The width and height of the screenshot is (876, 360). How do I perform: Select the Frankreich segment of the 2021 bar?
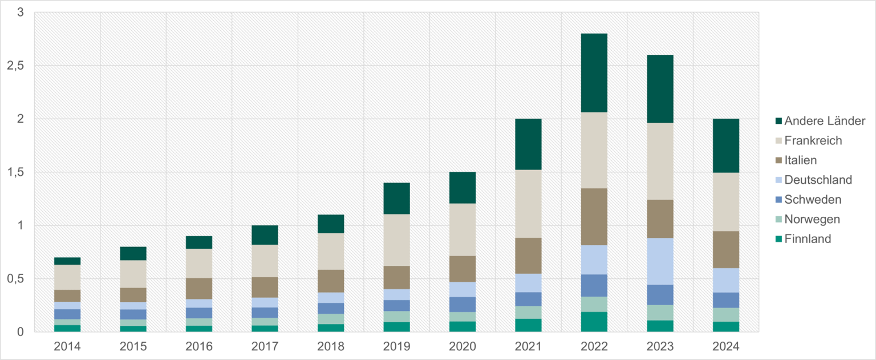[x=528, y=204]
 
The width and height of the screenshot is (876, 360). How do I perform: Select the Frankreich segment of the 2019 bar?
[x=396, y=240]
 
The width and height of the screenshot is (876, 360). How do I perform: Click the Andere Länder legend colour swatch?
[x=778, y=121]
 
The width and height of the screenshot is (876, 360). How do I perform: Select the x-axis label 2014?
[x=67, y=346]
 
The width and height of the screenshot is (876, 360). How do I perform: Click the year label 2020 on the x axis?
[x=462, y=346]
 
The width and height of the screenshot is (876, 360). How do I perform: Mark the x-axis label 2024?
[x=725, y=346]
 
